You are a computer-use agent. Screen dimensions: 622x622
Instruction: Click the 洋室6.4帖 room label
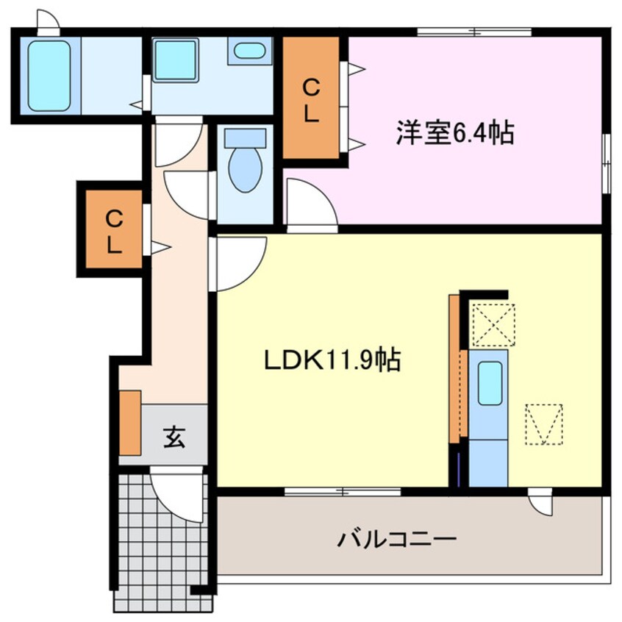[x=455, y=134]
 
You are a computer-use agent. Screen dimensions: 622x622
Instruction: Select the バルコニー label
[x=397, y=540]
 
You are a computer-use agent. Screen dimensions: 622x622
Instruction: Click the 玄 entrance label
[x=174, y=437]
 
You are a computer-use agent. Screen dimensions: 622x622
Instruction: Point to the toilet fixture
[x=245, y=165]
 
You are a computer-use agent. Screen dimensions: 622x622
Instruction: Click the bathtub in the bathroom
[x=49, y=76]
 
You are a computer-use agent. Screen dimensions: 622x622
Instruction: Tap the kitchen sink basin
[x=490, y=383]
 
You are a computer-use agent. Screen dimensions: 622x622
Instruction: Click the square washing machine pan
[x=176, y=62]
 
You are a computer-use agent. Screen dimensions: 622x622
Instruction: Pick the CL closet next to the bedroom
[x=312, y=99]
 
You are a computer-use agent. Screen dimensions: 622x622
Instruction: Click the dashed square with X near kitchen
[x=493, y=324]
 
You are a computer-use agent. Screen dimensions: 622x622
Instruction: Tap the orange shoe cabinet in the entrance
[x=130, y=422]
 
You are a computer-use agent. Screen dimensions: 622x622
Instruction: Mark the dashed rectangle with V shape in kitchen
[x=544, y=424]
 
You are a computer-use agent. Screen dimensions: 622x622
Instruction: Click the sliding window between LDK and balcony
[x=343, y=490]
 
